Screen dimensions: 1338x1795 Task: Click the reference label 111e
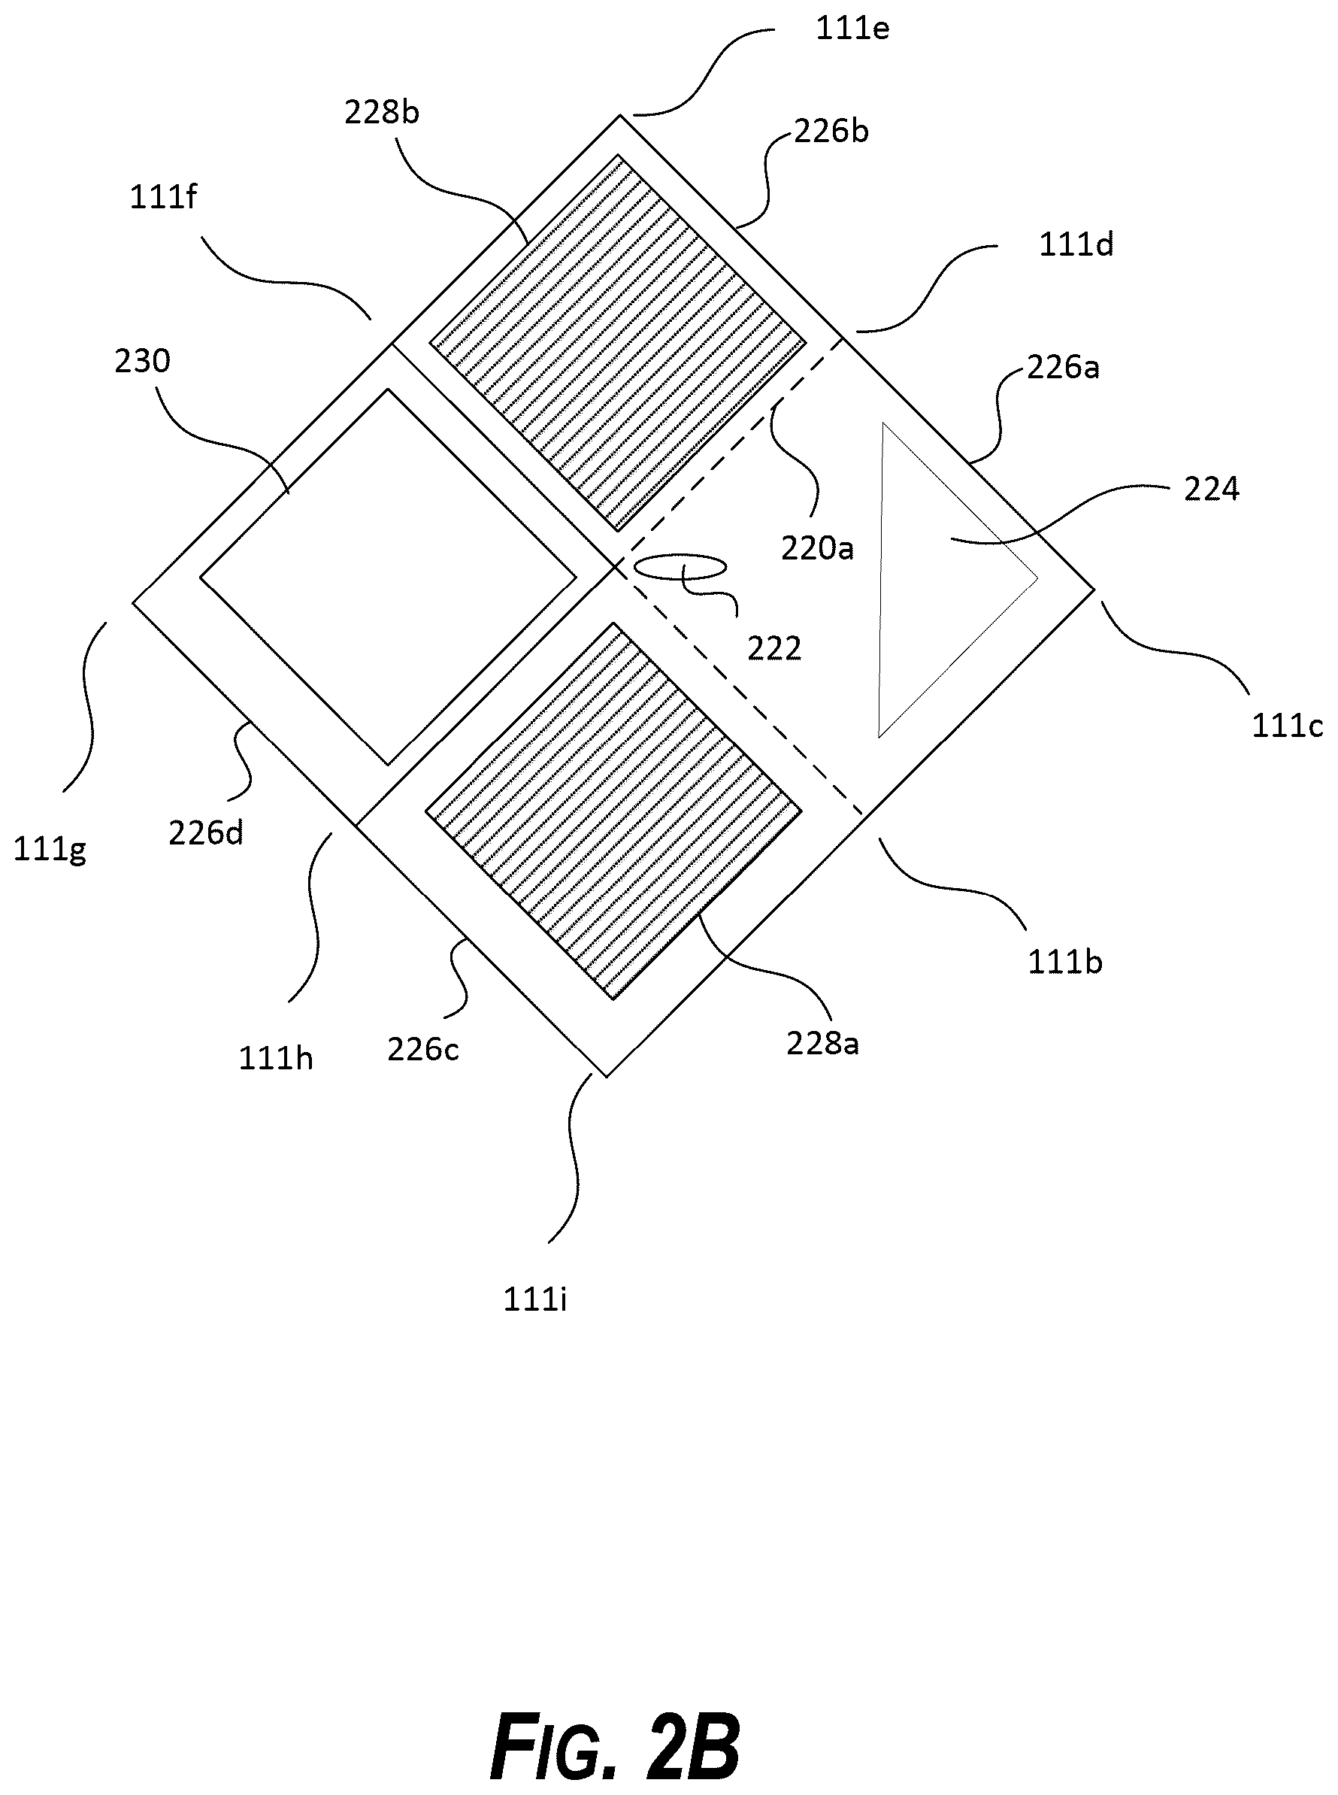coord(852,29)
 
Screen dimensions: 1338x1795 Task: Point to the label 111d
coord(1076,244)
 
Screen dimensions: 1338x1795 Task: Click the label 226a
coord(1064,368)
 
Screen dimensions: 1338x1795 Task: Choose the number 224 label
coord(1212,490)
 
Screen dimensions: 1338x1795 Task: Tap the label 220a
coord(817,548)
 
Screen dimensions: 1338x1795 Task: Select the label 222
coord(774,648)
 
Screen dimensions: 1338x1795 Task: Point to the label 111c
coord(1287,726)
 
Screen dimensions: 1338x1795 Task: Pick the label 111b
coord(1065,963)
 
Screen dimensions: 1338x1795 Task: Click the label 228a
coord(823,1043)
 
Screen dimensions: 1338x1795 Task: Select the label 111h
coord(275,1059)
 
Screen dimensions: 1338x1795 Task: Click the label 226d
coord(206,832)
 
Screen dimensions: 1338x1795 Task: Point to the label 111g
coord(50,850)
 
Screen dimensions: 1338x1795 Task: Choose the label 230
coord(143,361)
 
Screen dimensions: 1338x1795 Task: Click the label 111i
coord(534,1300)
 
